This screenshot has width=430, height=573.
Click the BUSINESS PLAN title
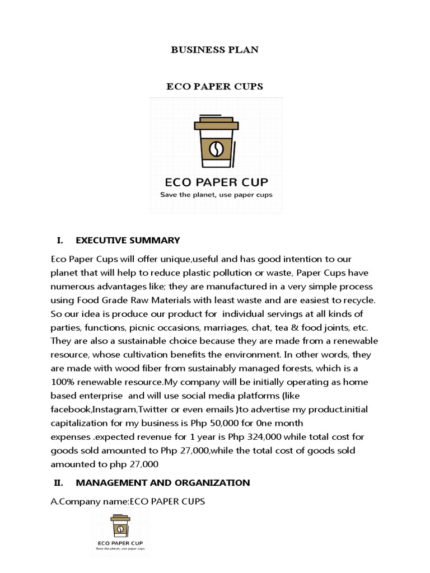pyautogui.click(x=214, y=50)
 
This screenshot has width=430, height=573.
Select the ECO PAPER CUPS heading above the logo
pyautogui.click(x=214, y=87)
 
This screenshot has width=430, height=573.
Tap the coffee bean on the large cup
pyautogui.click(x=216, y=148)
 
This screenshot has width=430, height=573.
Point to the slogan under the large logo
pyautogui.click(x=216, y=195)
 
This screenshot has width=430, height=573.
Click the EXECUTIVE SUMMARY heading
pyautogui.click(x=128, y=241)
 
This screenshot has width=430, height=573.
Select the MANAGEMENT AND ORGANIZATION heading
pyautogui.click(x=162, y=483)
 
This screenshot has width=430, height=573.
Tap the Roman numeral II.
pyautogui.click(x=60, y=483)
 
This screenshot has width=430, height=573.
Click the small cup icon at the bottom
pyautogui.click(x=120, y=525)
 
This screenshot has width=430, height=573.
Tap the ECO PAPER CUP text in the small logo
pyautogui.click(x=120, y=542)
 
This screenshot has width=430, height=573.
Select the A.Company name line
pyautogui.click(x=128, y=502)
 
